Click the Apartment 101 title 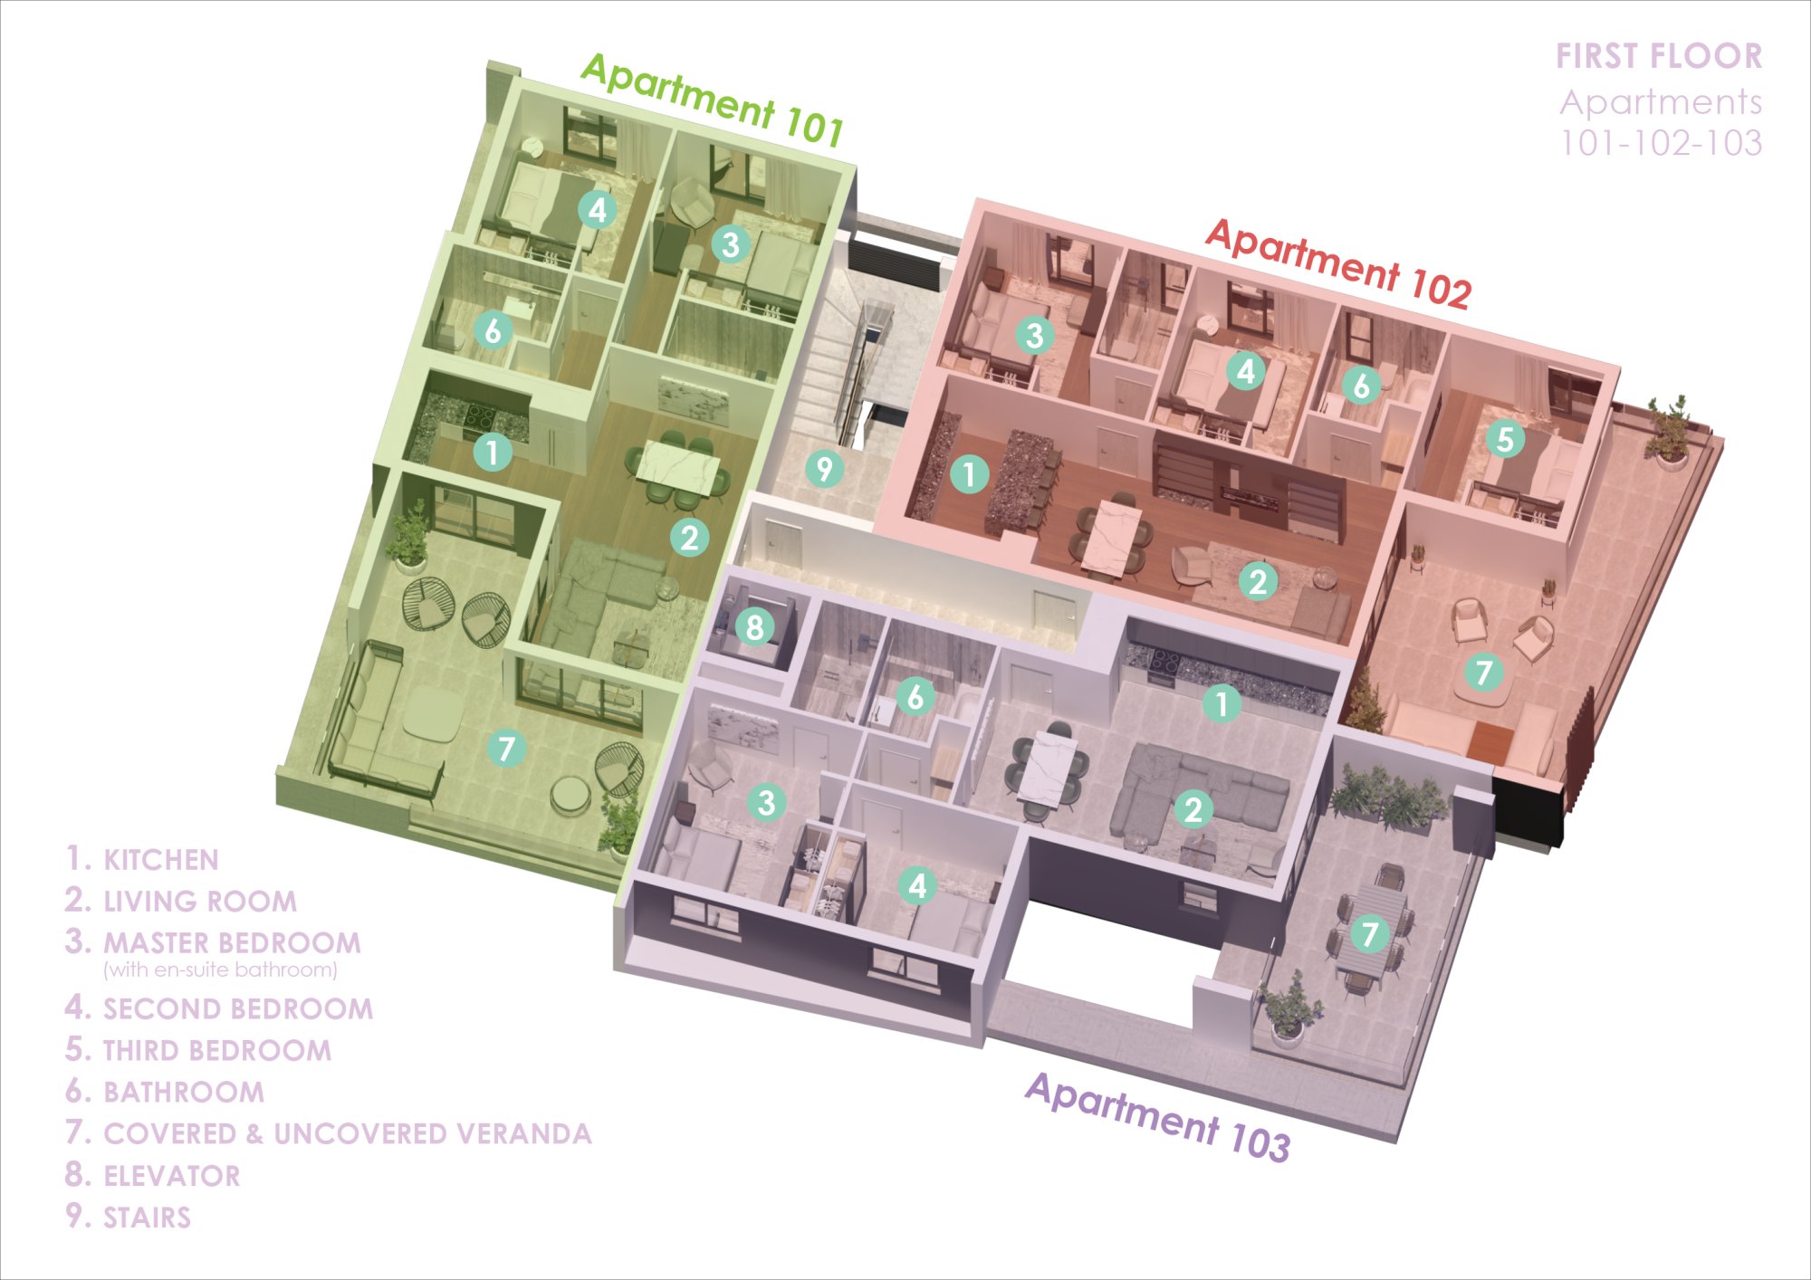pyautogui.click(x=713, y=99)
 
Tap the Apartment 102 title pyautogui.click(x=1338, y=263)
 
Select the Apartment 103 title pyautogui.click(x=1158, y=1116)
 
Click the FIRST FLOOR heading pyautogui.click(x=1659, y=56)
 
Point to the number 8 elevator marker pyautogui.click(x=754, y=626)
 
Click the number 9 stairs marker pyautogui.click(x=824, y=469)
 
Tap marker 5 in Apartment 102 pyautogui.click(x=1504, y=440)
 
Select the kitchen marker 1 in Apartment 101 pyautogui.click(x=493, y=452)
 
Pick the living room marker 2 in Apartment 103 pyautogui.click(x=1193, y=809)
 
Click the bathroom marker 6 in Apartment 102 pyautogui.click(x=1361, y=386)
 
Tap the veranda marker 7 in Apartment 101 pyautogui.click(x=506, y=749)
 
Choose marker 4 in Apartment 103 pyautogui.click(x=917, y=885)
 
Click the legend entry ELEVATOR pyautogui.click(x=172, y=1176)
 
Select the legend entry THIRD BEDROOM pyautogui.click(x=217, y=1050)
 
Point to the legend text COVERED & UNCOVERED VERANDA pyautogui.click(x=348, y=1133)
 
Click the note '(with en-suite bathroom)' pyautogui.click(x=220, y=970)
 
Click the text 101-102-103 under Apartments pyautogui.click(x=1661, y=143)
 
